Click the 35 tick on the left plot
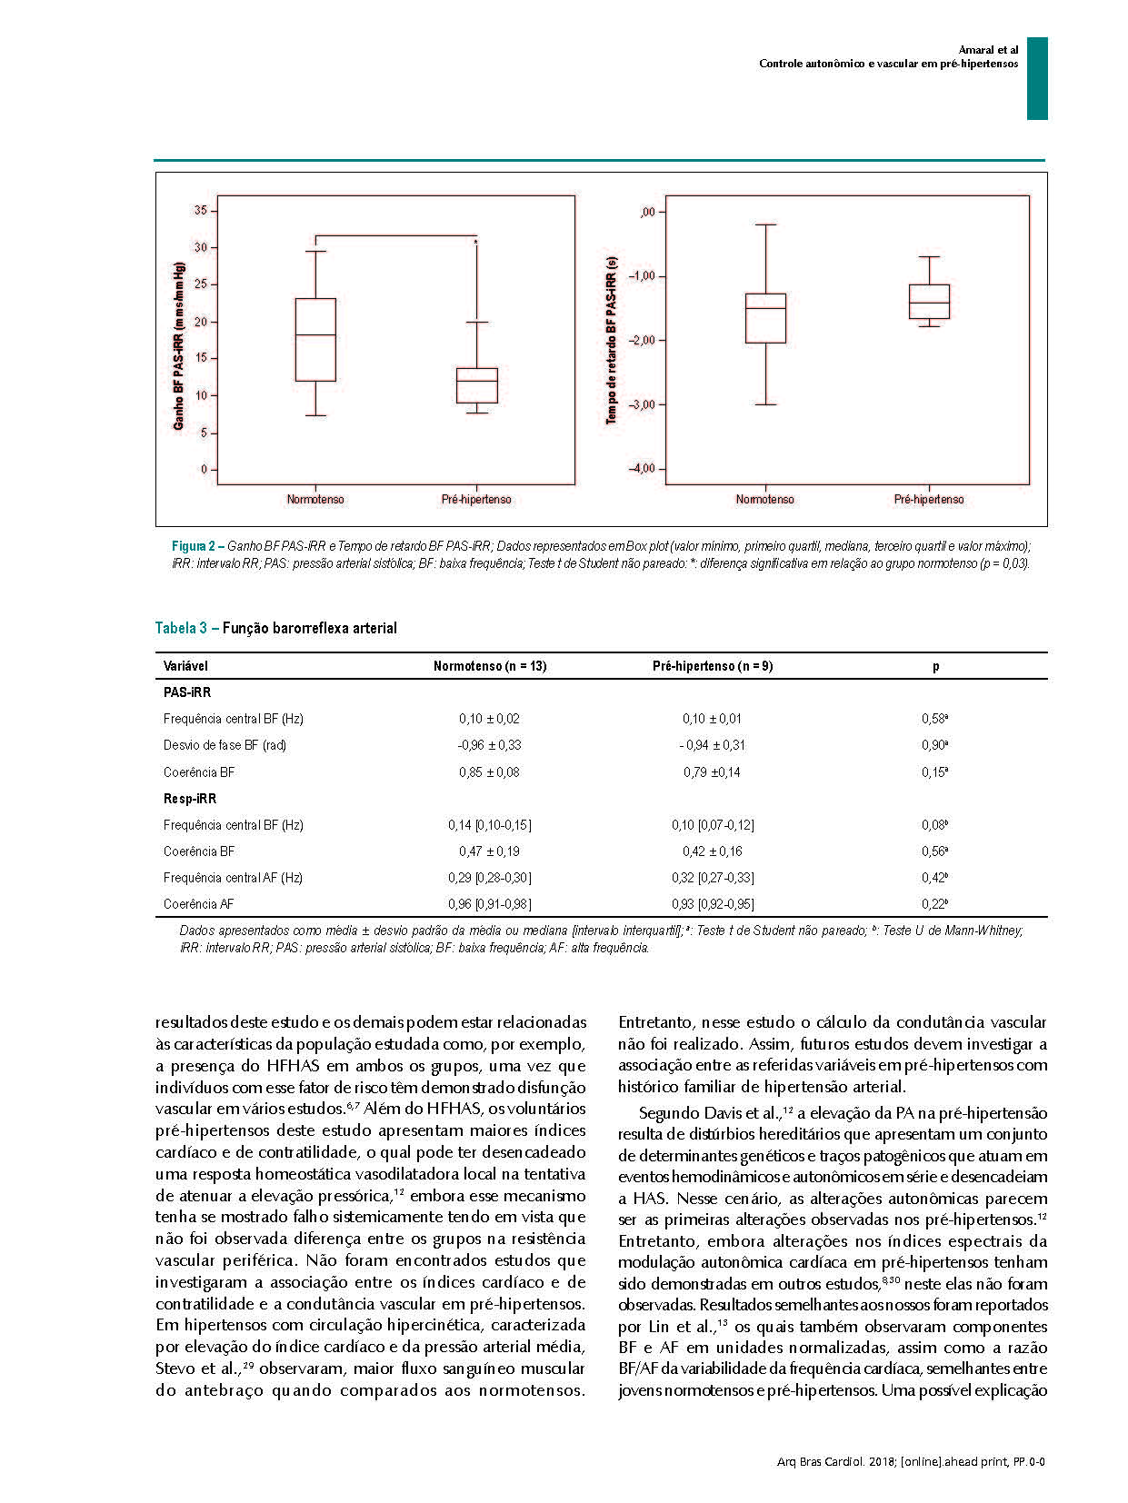[200, 211]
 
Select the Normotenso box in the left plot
[315, 340]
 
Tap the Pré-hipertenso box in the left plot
[476, 385]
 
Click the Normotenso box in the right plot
[765, 318]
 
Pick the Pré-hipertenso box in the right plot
[929, 302]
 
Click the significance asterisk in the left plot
[475, 243]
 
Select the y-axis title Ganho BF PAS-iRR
[179, 346]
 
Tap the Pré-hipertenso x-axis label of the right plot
[929, 500]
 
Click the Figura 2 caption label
[193, 547]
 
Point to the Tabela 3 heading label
[182, 628]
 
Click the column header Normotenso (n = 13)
[490, 666]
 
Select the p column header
[935, 666]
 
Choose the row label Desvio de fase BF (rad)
[225, 745]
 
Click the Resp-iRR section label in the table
[190, 799]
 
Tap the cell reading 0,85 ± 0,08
[489, 772]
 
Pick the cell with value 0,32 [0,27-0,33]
[713, 878]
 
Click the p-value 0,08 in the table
[934, 825]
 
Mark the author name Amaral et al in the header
[988, 49]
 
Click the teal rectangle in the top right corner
[1037, 78]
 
